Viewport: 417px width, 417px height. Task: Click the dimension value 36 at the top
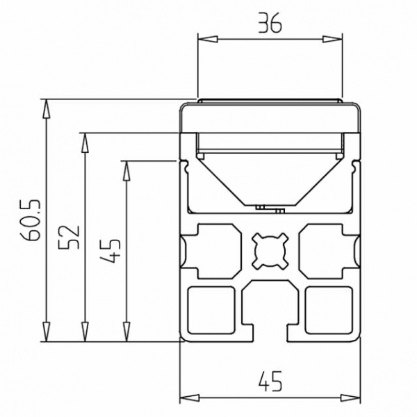click(270, 26)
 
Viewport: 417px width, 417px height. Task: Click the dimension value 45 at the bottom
click(270, 382)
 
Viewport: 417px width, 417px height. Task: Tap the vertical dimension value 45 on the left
click(111, 251)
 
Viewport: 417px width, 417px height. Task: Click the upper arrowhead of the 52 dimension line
click(85, 140)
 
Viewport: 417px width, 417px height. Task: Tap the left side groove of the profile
click(186, 250)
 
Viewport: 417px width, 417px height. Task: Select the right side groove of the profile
click(356, 250)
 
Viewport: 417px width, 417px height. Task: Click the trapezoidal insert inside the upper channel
click(270, 177)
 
